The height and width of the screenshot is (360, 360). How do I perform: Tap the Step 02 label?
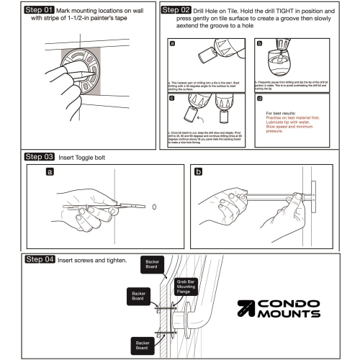pyautogui.click(x=176, y=12)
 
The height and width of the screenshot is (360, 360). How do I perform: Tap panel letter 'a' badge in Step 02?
pyautogui.click(x=171, y=43)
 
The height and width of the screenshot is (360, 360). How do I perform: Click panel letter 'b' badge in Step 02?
pyautogui.click(x=259, y=43)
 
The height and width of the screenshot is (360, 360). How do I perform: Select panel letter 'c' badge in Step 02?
pyautogui.click(x=171, y=96)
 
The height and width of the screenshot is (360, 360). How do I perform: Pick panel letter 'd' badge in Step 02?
pyautogui.click(x=259, y=96)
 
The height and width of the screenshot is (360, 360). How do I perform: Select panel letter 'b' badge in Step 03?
pyautogui.click(x=198, y=173)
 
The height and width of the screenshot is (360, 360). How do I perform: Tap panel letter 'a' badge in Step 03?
pyautogui.click(x=49, y=173)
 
